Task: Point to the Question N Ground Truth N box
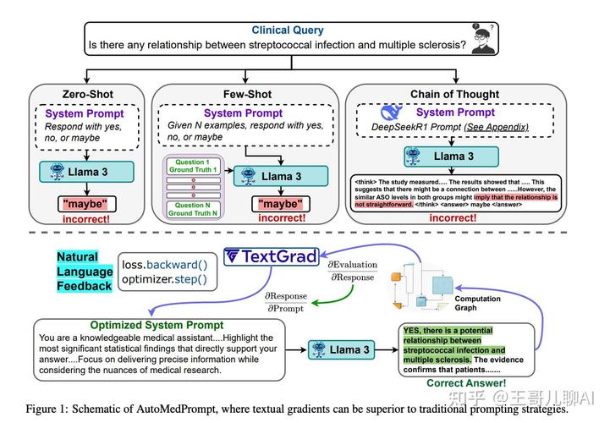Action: [193, 209]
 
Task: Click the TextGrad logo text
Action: [272, 256]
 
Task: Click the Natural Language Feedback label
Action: [85, 271]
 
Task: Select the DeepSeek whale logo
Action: [391, 113]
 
